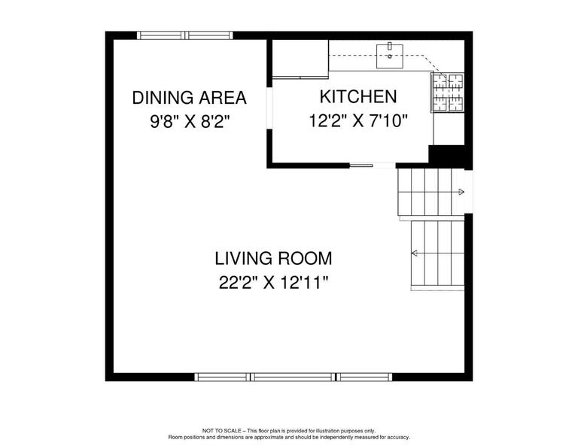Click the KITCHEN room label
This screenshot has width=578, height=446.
[358, 96]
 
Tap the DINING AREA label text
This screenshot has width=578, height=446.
[189, 98]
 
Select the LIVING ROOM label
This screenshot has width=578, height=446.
[273, 258]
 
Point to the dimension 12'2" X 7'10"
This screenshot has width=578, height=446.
[358, 120]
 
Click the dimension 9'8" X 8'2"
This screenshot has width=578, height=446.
[190, 121]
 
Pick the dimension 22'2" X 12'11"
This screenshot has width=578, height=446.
[273, 283]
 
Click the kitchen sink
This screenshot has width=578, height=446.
[389, 56]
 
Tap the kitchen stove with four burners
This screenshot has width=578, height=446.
[448, 92]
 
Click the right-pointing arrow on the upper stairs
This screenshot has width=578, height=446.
[461, 192]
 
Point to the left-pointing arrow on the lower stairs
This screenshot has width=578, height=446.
[415, 253]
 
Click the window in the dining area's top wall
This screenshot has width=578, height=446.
[185, 35]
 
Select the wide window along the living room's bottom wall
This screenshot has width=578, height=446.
[293, 377]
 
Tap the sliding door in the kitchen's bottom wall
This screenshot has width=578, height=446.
[373, 165]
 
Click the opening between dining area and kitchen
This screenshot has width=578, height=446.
[269, 108]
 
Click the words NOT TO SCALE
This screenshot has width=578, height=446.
[221, 430]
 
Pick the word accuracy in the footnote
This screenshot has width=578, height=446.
[398, 438]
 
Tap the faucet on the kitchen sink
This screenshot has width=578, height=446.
[389, 46]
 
